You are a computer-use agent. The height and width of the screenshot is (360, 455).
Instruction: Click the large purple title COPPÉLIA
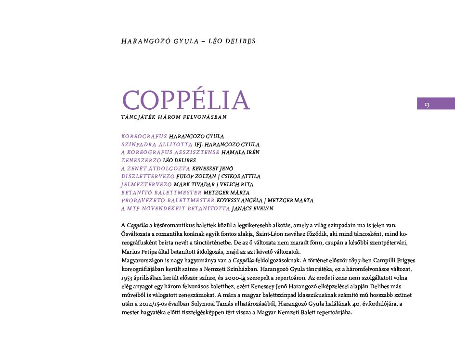(186, 100)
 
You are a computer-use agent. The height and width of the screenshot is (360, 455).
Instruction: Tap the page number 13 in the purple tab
(427, 104)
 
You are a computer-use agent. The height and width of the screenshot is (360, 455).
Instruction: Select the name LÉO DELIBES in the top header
(234, 41)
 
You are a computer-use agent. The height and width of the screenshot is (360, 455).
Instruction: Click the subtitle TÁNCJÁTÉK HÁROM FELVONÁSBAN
(174, 117)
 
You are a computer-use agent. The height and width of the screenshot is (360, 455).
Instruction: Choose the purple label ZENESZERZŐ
(141, 160)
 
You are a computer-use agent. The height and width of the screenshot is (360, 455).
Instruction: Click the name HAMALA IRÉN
(240, 152)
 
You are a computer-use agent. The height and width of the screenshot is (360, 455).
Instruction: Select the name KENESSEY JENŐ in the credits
(212, 168)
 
